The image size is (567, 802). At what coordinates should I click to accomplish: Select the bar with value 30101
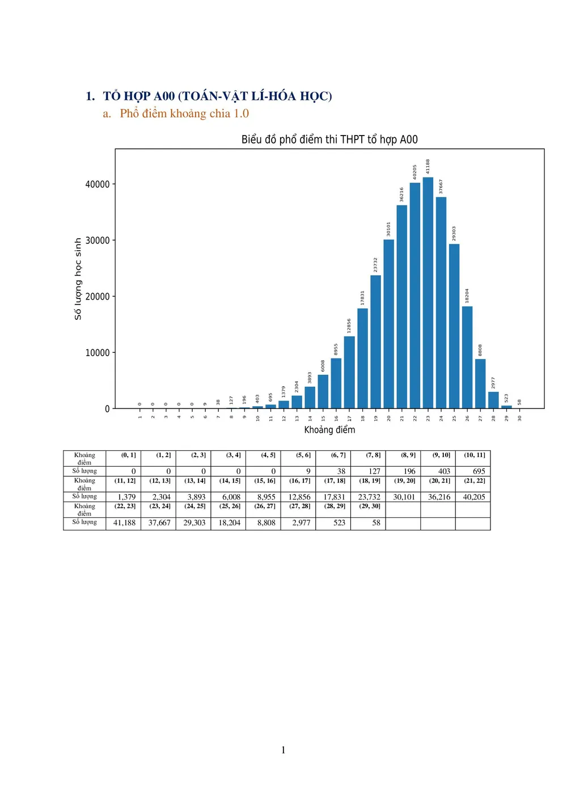(388, 324)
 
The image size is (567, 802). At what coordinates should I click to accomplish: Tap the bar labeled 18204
(467, 357)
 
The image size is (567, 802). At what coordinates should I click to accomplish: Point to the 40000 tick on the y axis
(98, 184)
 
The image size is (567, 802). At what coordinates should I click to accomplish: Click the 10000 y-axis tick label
(98, 353)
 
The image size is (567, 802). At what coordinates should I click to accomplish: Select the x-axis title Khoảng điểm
(329, 430)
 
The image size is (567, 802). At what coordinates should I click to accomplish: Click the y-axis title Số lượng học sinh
(78, 279)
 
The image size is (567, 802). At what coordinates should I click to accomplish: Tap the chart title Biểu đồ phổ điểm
(329, 140)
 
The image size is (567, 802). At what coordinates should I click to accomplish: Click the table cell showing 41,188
(125, 523)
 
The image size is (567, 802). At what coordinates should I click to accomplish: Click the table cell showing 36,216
(439, 497)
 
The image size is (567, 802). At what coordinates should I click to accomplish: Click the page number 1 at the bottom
(283, 750)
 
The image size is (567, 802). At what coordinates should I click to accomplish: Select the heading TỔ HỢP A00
(217, 96)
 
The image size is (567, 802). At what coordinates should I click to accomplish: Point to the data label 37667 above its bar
(441, 187)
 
